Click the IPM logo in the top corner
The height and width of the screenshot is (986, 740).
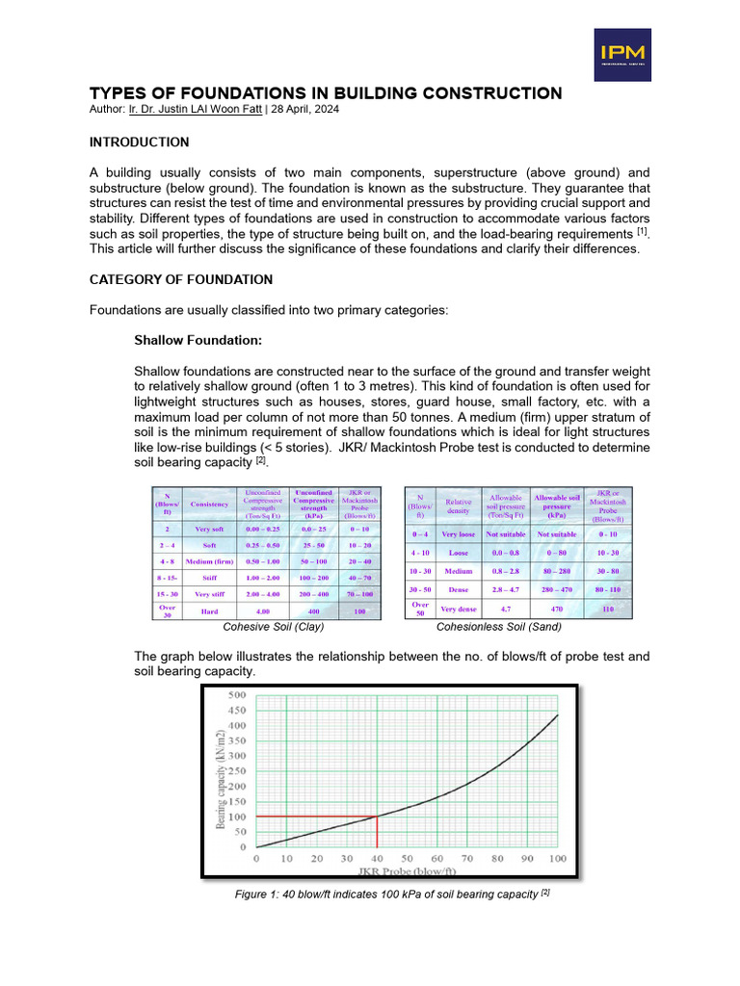coord(621,54)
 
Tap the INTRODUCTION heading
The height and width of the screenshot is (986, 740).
coord(139,142)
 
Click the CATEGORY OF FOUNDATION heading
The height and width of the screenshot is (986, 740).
coord(180,279)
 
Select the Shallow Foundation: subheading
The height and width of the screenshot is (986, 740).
coord(198,341)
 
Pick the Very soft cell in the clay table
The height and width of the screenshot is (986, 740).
coord(210,529)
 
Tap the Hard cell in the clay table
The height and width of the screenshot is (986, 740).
coord(210,610)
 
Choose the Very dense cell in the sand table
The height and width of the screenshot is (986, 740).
coord(459,609)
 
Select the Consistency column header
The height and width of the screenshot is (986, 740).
coord(210,504)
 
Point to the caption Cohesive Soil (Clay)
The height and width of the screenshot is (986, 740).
coord(274,627)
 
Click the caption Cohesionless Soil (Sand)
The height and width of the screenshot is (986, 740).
coord(499,627)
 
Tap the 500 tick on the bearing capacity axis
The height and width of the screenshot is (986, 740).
coord(236,693)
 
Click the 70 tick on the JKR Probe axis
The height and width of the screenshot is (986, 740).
coord(467,857)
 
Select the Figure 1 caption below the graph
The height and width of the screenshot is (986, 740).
coord(391,895)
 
